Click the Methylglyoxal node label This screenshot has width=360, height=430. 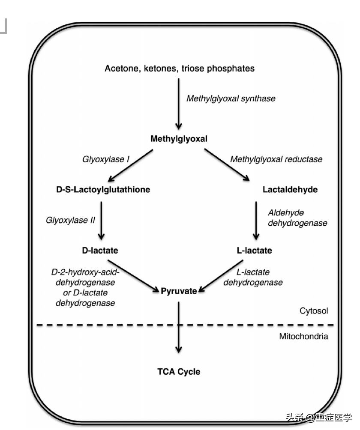coord(179,139)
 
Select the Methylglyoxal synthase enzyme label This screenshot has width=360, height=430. coord(231,99)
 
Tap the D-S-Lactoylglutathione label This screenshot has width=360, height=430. coord(103,189)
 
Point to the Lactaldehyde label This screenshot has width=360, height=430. coord(290,189)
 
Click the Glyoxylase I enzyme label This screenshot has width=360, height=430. coord(106,159)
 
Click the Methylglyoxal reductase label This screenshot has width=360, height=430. coord(276,159)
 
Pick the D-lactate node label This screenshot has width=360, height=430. coord(100,250)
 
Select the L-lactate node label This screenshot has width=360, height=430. coord(254,250)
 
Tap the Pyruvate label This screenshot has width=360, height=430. coord(179,291)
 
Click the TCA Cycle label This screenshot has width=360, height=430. coord(178,371)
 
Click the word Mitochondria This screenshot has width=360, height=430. coord(303,336)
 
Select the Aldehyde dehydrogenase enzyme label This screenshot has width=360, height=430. coord(297,218)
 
